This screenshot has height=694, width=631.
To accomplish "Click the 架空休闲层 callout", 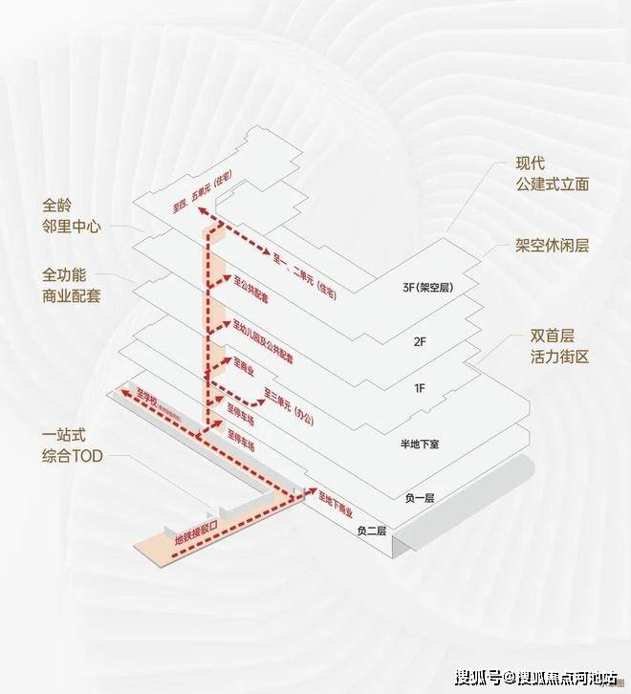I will click(552, 246).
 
